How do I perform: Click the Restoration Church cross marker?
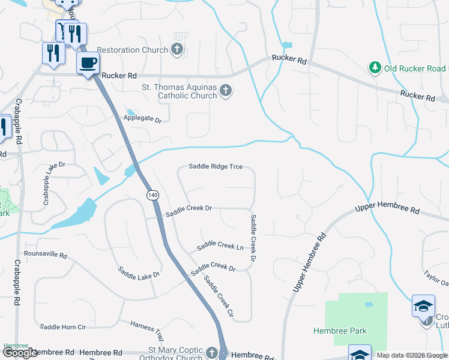(177, 49)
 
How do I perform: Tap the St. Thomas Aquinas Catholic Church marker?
(226, 91)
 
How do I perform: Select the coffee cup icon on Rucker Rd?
(88, 63)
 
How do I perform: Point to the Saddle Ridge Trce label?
(215, 166)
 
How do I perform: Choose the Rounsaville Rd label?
(46, 254)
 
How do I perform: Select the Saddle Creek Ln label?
(220, 245)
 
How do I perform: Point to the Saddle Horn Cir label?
(63, 327)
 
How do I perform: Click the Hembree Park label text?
(340, 331)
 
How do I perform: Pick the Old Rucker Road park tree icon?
(375, 67)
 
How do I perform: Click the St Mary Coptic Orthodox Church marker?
(211, 353)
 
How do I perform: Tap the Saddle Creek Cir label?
(217, 296)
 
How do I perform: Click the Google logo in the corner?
(20, 353)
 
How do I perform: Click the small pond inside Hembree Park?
(369, 305)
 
